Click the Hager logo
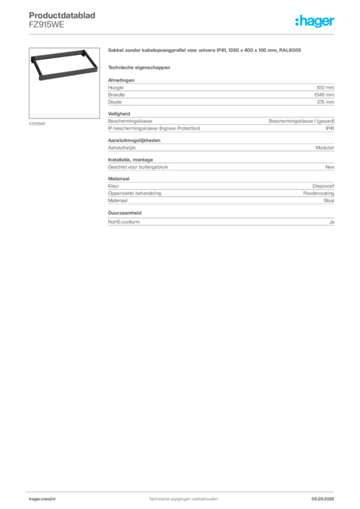click(315, 21)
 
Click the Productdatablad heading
click(62, 15)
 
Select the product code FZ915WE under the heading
click(46, 25)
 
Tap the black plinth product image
click(64, 65)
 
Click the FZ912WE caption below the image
click(37, 124)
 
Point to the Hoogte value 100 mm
click(325, 87)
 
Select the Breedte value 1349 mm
click(324, 95)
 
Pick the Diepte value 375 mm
click(325, 102)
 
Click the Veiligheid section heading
click(119, 114)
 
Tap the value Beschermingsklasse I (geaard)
click(301, 121)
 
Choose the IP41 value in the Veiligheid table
click(330, 128)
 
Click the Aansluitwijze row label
click(122, 148)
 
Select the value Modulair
click(325, 148)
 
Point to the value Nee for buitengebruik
click(330, 167)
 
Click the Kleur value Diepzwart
click(323, 186)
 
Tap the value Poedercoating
click(318, 193)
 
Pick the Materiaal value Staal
click(329, 201)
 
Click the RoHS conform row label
click(124, 222)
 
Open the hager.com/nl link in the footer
click(42, 499)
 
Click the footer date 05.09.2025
click(323, 499)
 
